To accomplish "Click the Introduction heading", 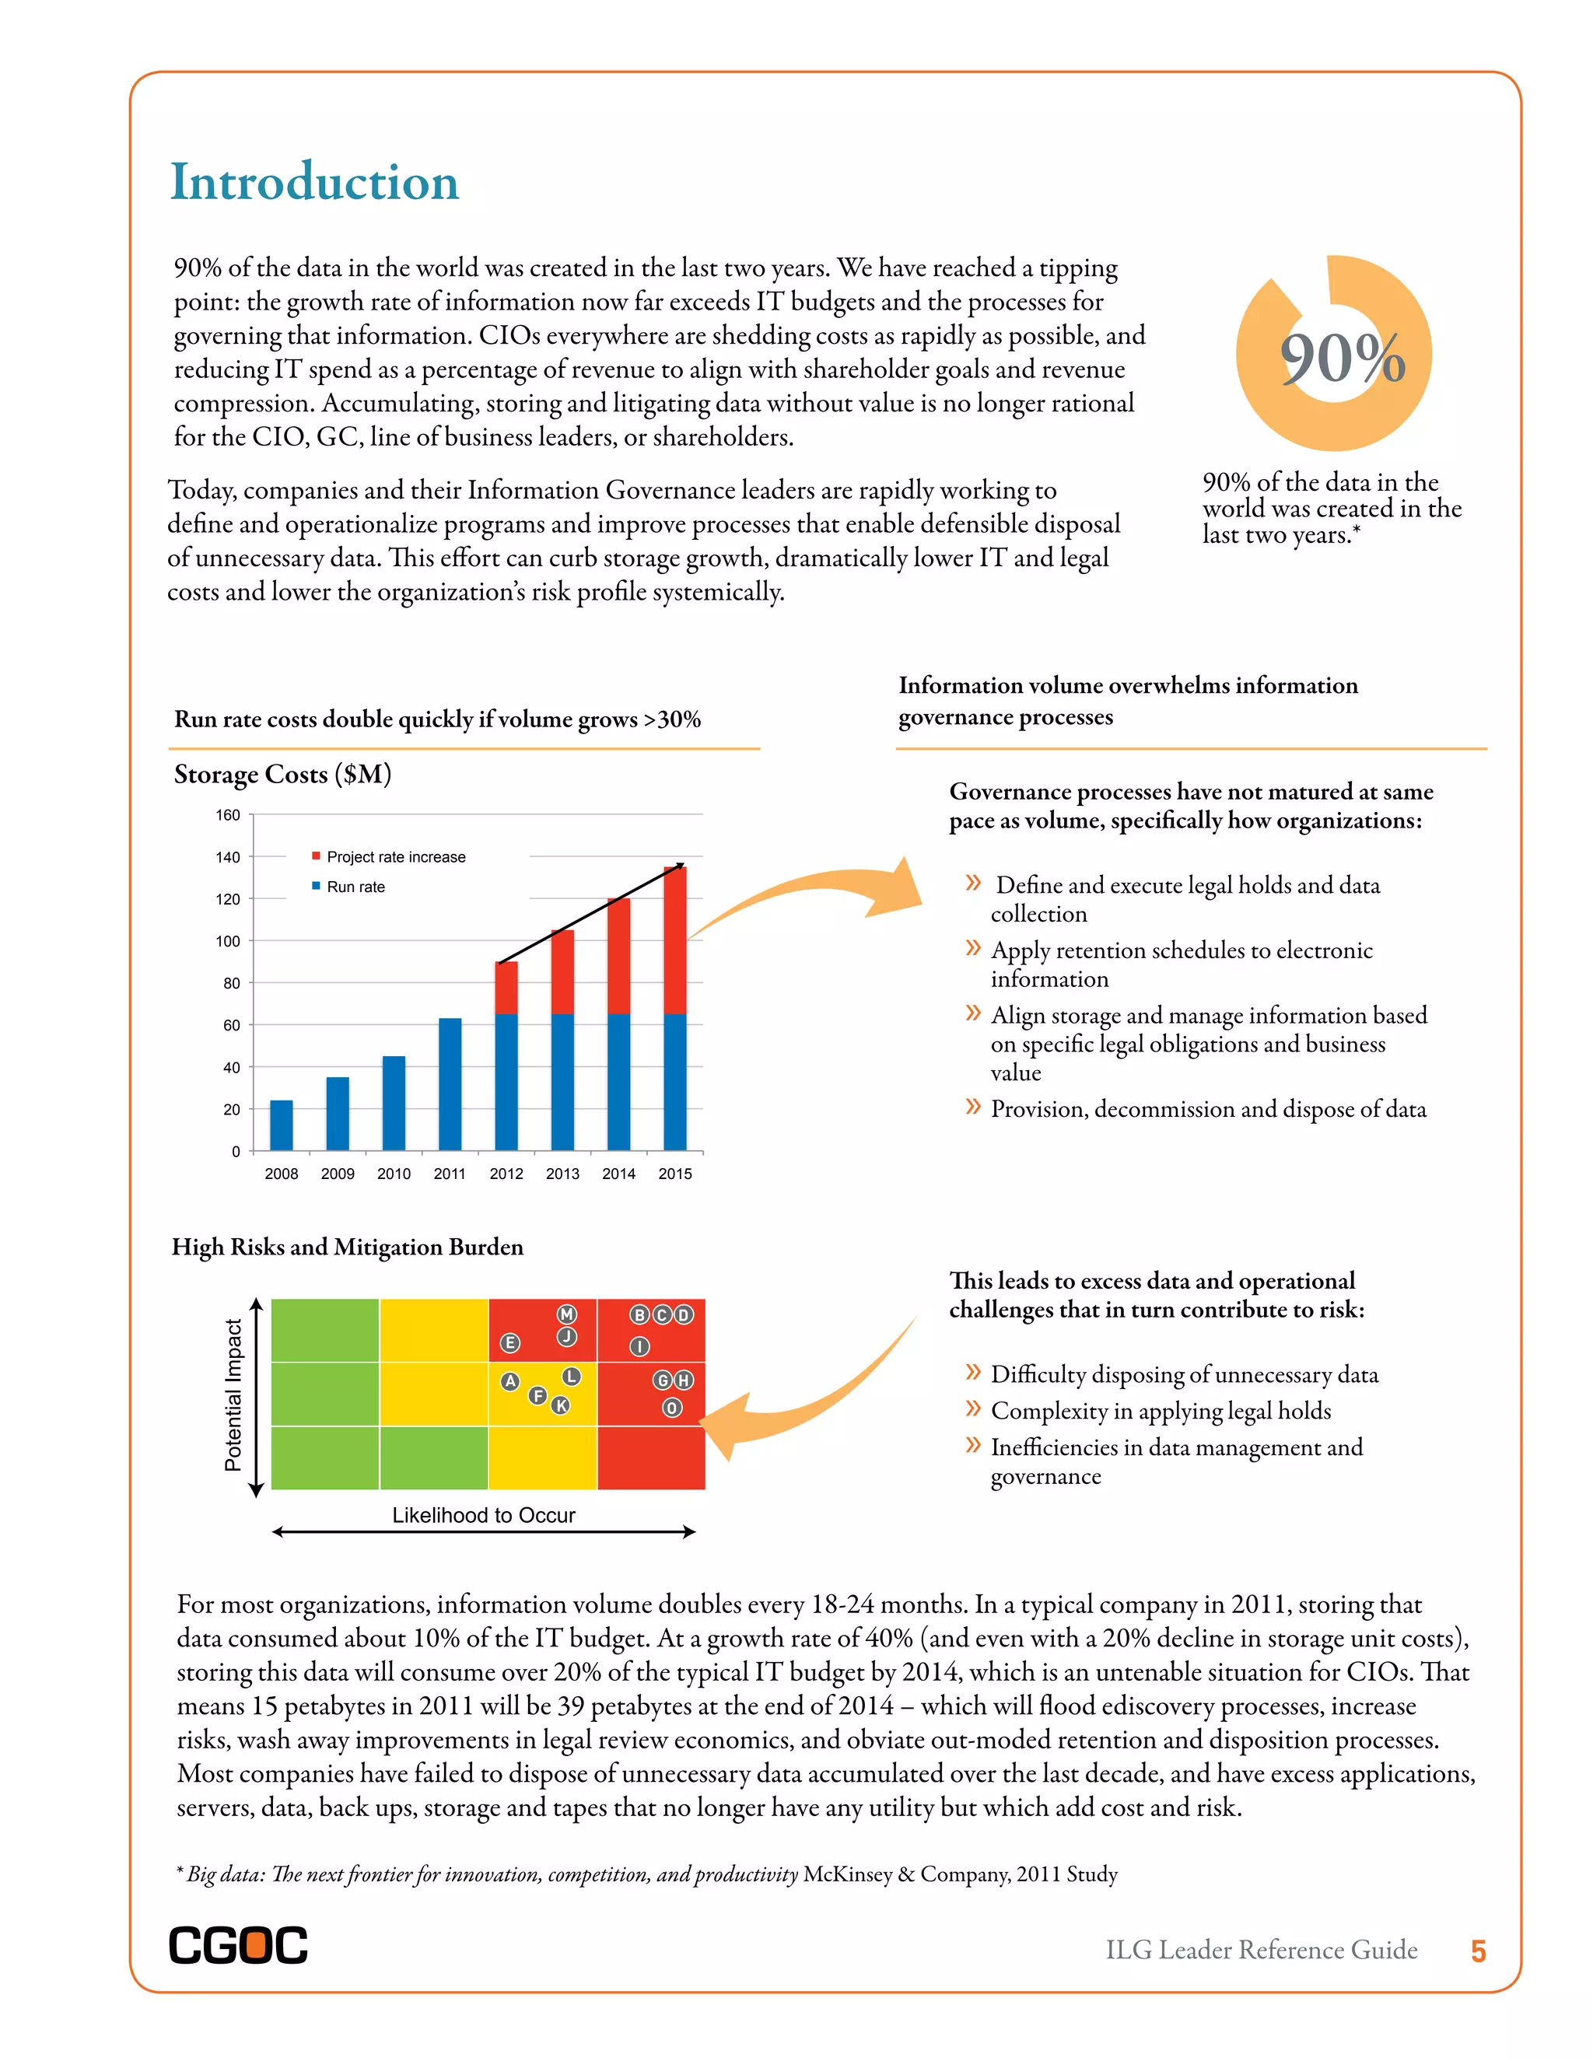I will coord(313,182).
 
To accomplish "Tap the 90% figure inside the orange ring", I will coord(1342,359).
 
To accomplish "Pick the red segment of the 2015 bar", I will coord(674,940).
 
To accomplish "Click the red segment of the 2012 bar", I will coord(506,988).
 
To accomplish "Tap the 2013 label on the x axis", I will coord(562,1173).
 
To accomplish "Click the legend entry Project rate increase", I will coord(395,857).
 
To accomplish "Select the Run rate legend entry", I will coord(355,887).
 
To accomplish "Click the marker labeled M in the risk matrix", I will coord(566,1314).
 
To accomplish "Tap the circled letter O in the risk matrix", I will coord(671,1408).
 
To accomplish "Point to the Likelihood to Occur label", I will coord(483,1514).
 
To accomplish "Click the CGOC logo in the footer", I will coord(238,1945).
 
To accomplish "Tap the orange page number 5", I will coord(1478,1951).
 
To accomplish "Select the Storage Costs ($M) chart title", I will coord(282,775).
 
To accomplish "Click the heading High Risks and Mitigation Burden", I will coord(347,1247).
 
